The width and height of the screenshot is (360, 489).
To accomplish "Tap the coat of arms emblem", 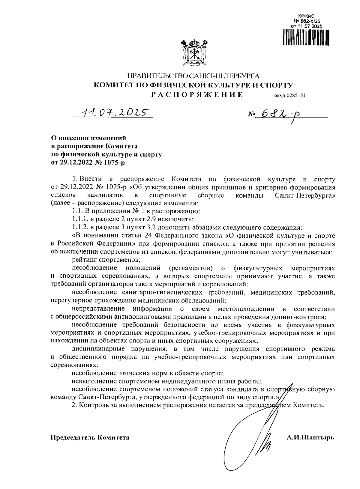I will click(195, 53).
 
